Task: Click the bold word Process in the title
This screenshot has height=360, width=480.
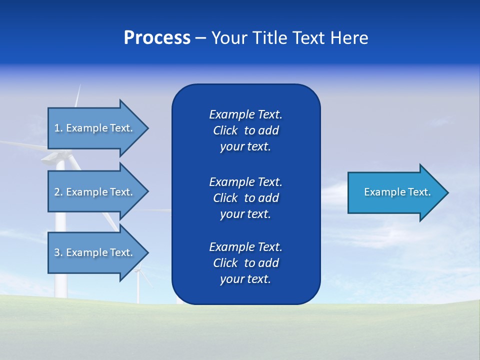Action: (157, 38)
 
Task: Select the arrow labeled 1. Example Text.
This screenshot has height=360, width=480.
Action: (95, 128)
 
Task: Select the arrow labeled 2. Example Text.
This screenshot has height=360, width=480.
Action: (95, 192)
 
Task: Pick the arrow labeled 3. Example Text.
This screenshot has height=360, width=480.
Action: (95, 252)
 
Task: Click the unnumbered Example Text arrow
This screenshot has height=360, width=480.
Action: (395, 192)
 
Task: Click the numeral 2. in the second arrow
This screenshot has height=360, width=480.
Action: (58, 192)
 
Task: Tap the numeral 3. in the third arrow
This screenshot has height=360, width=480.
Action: (58, 252)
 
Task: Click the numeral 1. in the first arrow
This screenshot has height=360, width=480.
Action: (58, 128)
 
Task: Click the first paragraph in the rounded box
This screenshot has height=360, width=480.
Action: (245, 130)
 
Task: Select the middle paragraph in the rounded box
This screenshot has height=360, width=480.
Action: (245, 198)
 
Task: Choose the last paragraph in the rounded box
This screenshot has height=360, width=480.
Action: (245, 263)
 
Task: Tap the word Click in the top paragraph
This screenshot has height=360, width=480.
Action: (225, 131)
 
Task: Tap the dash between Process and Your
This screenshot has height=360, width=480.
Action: (200, 38)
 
